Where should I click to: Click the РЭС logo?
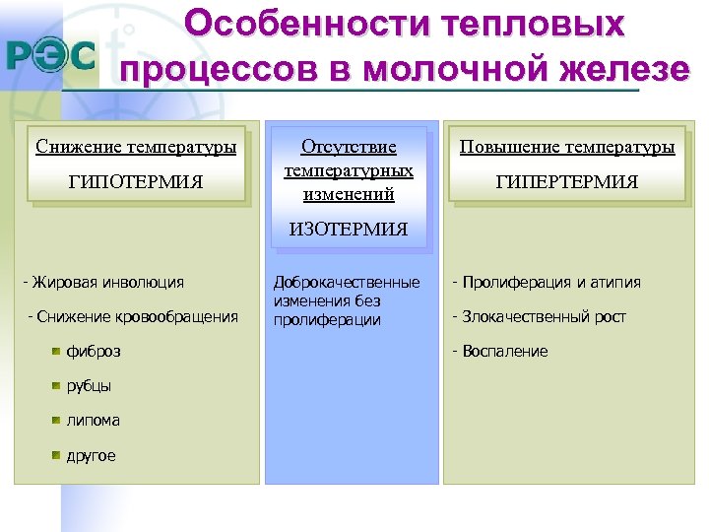click(51, 56)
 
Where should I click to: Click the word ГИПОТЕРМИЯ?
click(136, 182)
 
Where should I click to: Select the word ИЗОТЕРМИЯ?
click(348, 231)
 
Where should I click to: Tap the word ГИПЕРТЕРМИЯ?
click(567, 182)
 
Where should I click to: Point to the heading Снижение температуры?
click(136, 148)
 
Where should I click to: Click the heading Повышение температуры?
click(567, 148)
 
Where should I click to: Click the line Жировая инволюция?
click(103, 283)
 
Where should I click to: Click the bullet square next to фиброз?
click(56, 350)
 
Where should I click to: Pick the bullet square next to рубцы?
click(56, 385)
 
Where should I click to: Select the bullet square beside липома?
click(56, 420)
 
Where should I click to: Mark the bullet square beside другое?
click(56, 455)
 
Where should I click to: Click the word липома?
click(94, 420)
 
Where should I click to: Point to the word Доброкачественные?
click(347, 283)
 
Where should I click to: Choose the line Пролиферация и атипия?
click(547, 283)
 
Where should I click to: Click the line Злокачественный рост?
click(539, 316)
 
